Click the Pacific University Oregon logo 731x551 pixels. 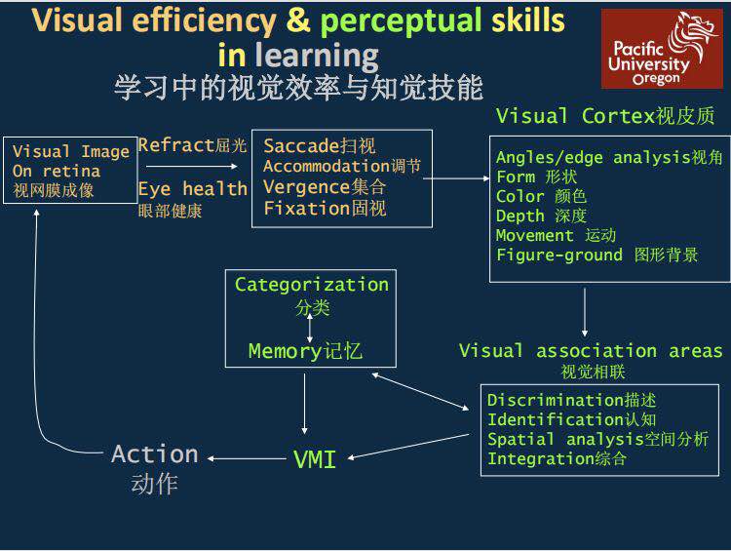click(x=662, y=49)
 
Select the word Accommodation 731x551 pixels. click(x=327, y=166)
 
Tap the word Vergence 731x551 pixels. click(x=307, y=187)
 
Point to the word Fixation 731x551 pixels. click(x=307, y=208)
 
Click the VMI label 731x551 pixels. click(x=315, y=459)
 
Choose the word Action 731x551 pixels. click(x=155, y=453)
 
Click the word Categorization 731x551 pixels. click(x=312, y=285)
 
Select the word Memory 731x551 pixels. click(x=286, y=351)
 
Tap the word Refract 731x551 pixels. click(x=175, y=145)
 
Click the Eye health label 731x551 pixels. click(x=193, y=189)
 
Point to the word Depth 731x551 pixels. click(x=519, y=216)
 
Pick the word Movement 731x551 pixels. click(x=534, y=235)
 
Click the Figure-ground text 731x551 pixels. click(x=559, y=256)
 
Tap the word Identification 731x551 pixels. click(x=557, y=419)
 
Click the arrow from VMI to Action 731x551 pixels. click(x=247, y=458)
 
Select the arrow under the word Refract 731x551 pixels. click(x=192, y=166)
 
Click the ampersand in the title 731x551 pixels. click(x=298, y=21)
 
